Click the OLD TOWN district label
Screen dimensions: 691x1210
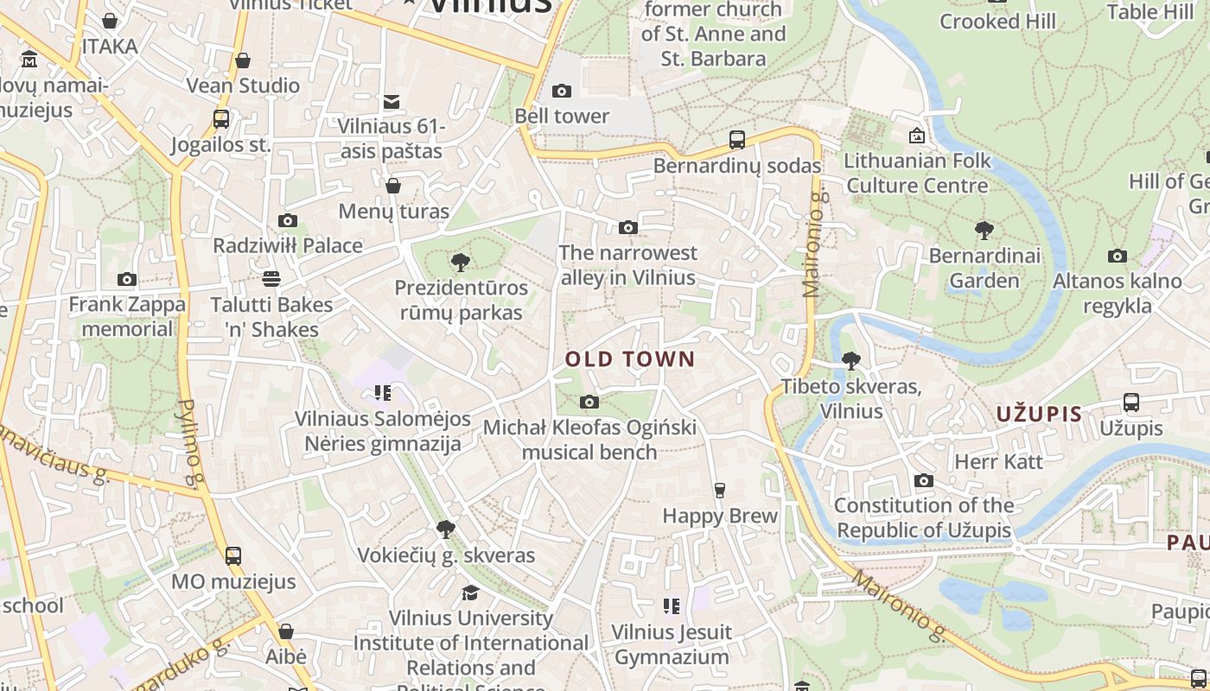click(629, 359)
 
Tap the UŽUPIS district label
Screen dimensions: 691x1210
click(1039, 414)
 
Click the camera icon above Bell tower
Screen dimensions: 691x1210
click(562, 91)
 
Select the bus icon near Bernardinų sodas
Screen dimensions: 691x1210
click(737, 139)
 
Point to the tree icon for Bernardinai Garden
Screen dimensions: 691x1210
click(984, 230)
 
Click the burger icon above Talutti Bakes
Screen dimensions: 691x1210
click(271, 279)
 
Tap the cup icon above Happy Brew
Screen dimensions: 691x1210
click(719, 491)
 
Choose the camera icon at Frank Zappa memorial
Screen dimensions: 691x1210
click(127, 279)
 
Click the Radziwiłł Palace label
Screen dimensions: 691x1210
click(288, 245)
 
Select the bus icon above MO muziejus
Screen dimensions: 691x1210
click(232, 555)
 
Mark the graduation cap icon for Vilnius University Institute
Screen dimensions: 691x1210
click(470, 593)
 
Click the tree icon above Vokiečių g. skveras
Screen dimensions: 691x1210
click(446, 529)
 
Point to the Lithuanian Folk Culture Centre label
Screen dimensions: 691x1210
click(917, 173)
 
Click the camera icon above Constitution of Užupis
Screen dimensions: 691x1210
click(923, 480)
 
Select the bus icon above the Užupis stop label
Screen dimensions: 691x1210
click(1130, 402)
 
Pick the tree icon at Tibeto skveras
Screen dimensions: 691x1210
click(851, 361)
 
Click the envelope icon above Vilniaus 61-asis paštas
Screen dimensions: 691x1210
click(392, 102)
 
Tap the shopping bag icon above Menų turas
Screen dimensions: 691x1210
click(393, 186)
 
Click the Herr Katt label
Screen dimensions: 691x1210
click(998, 461)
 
